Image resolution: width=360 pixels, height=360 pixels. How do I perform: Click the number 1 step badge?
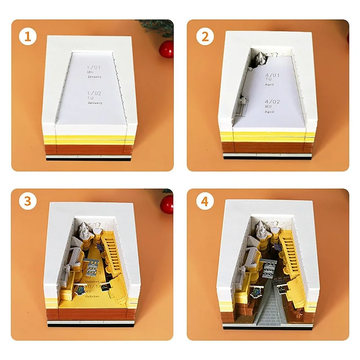click(x=28, y=36)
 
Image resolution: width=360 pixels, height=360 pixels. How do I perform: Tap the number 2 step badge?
click(x=205, y=36)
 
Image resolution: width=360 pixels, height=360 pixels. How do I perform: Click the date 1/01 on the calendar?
click(x=95, y=67)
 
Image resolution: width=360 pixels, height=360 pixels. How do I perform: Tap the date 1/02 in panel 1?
click(x=95, y=93)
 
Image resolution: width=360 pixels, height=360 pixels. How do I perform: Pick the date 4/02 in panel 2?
click(x=273, y=102)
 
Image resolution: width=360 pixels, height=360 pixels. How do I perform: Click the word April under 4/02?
click(x=270, y=112)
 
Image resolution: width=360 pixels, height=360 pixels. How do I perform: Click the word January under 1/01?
click(x=95, y=77)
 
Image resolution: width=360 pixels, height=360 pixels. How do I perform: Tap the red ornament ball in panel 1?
click(x=166, y=49)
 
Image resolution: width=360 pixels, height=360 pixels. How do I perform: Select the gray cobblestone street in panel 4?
click(x=270, y=310)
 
